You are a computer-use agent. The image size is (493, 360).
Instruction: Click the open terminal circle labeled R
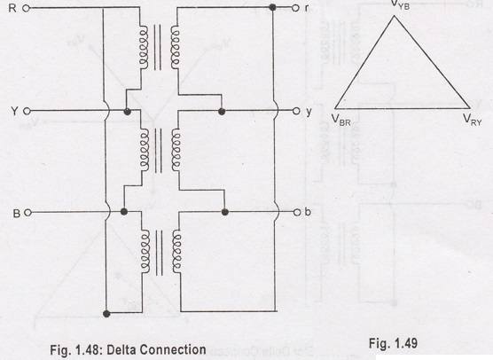[x=27, y=8]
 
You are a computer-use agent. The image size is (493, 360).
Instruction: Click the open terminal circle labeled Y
[x=27, y=111]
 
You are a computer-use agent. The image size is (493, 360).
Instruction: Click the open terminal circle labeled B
[x=27, y=213]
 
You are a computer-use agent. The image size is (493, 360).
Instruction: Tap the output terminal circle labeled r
[x=295, y=8]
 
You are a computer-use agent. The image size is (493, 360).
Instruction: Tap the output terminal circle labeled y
[x=296, y=111]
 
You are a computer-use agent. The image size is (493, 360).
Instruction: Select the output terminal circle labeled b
[x=297, y=213]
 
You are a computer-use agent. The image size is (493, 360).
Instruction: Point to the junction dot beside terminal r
[x=272, y=7]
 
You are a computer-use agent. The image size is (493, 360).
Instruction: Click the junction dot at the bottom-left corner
[x=106, y=314]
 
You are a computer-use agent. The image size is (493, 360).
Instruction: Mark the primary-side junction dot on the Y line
[x=128, y=112]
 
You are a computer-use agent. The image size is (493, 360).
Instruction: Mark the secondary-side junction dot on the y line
[x=222, y=111]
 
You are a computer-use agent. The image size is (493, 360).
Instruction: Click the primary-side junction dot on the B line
[x=124, y=212]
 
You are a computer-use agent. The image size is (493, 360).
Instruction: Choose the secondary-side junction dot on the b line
[x=224, y=212]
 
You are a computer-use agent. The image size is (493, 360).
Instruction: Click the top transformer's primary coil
[x=144, y=48]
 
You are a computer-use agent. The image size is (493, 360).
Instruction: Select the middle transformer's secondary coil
[x=176, y=150]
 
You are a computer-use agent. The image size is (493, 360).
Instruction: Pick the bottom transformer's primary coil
[x=145, y=252]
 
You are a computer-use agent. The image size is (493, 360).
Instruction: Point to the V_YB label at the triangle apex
[x=400, y=4]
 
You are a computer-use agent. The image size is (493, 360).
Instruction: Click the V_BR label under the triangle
[x=340, y=120]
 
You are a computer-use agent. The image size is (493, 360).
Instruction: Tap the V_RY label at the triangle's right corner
[x=473, y=120]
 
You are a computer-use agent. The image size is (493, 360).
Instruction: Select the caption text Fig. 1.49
[x=393, y=343]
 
